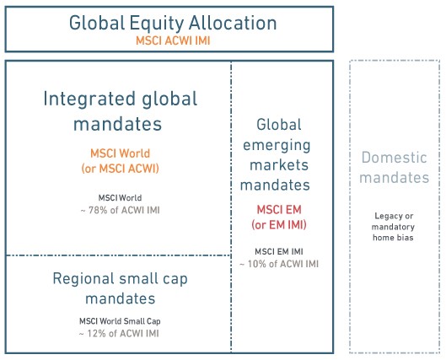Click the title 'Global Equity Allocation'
click(173, 23)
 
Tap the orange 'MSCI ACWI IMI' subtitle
click(173, 40)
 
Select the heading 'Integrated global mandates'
click(120, 111)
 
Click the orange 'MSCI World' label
click(120, 153)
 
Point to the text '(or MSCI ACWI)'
click(120, 169)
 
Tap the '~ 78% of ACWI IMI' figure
click(120, 211)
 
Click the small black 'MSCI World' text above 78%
click(120, 198)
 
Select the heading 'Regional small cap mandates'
click(120, 288)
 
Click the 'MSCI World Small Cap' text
click(120, 321)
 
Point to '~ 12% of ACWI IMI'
click(119, 334)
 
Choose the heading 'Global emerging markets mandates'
click(276, 155)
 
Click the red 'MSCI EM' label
click(279, 210)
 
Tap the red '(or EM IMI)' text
click(279, 225)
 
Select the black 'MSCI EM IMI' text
click(279, 251)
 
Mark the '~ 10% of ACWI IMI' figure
click(279, 264)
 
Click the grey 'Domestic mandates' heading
click(395, 168)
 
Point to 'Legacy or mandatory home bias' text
click(394, 227)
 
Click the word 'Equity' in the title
click(156, 24)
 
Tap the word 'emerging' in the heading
click(277, 146)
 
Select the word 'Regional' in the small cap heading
click(83, 279)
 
